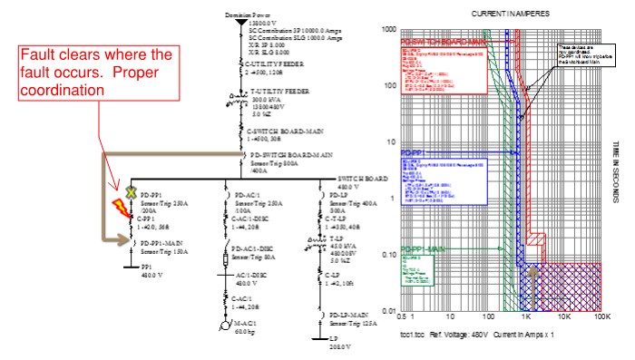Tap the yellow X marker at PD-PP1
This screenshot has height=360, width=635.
point(131,192)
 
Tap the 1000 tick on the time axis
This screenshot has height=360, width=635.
point(391,30)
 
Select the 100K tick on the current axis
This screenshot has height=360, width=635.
point(599,319)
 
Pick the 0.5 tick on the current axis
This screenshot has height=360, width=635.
point(401,319)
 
